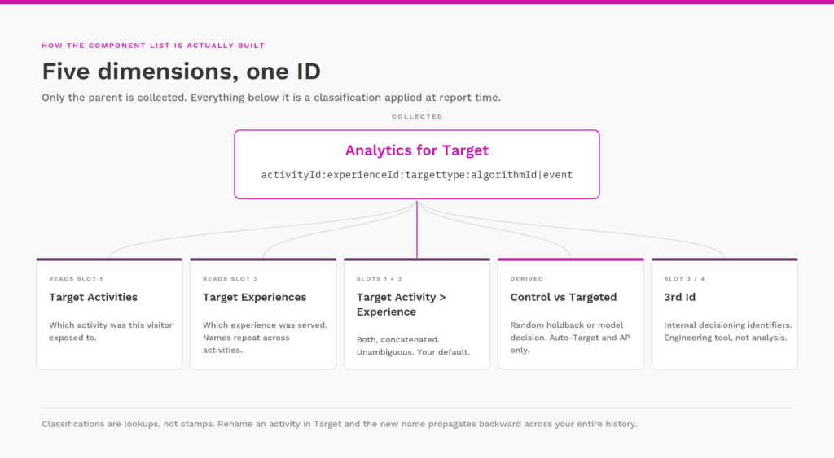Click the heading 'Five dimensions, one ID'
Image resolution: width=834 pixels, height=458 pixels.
[x=182, y=72]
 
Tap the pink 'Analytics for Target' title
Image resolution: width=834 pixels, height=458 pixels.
[x=417, y=150]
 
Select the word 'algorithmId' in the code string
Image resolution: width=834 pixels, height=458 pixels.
[x=504, y=175]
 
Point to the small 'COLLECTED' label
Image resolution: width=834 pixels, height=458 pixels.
[x=417, y=116]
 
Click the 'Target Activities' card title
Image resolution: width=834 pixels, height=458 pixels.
[x=93, y=298]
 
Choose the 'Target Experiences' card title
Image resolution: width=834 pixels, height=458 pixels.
[x=254, y=298]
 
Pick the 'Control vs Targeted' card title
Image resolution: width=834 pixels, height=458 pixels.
[x=564, y=298]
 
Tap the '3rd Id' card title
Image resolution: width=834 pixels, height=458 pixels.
[x=679, y=298]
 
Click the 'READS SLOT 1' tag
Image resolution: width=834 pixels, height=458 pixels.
[x=76, y=279]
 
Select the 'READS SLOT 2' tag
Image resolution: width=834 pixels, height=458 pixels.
[x=230, y=279]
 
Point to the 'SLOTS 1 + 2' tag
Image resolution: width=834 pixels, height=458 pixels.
[x=380, y=279]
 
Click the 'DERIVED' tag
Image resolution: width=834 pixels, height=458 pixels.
[x=527, y=279]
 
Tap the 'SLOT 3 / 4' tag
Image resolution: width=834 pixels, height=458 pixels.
[x=684, y=279]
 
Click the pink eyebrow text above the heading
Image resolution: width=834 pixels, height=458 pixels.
[x=153, y=46]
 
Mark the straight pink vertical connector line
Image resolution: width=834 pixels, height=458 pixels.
[x=417, y=229]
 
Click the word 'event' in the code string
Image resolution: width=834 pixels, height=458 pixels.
[x=558, y=175]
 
